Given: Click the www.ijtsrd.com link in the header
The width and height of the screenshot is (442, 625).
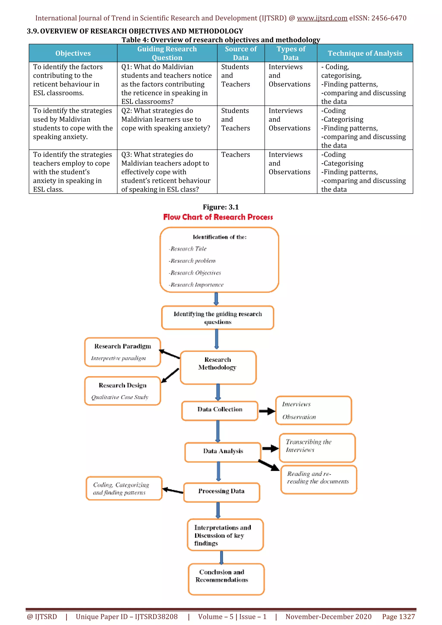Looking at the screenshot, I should point(322,18).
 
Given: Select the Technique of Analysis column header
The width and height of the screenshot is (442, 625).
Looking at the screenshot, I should point(365,53).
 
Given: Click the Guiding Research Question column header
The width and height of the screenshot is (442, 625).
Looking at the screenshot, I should point(167,53).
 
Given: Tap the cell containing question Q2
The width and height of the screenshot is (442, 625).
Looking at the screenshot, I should point(166,120).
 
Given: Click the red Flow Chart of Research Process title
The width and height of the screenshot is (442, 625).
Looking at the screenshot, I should point(218,217).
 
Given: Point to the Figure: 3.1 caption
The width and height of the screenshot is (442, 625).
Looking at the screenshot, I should point(221,207).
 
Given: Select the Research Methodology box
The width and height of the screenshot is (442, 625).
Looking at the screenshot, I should point(218,367).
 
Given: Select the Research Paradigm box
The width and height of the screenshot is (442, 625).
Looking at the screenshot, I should point(123,352).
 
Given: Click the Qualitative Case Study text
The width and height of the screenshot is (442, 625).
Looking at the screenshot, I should point(120,397).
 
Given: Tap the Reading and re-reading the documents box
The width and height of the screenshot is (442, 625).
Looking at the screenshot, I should point(318,479).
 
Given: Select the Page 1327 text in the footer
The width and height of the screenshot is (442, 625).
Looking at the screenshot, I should point(398,617).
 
